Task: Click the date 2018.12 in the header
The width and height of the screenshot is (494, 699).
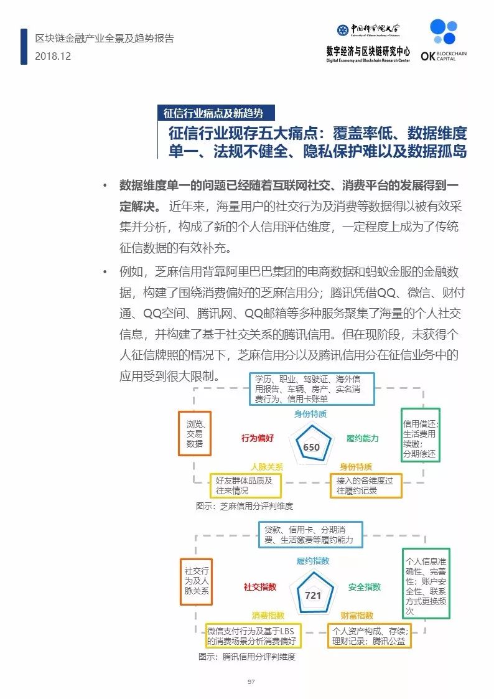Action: [x=53, y=56]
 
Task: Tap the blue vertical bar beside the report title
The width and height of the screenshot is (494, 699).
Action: [x=24, y=47]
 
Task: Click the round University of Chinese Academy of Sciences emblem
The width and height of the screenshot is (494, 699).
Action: [x=343, y=30]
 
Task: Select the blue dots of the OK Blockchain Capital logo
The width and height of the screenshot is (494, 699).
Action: [x=444, y=31]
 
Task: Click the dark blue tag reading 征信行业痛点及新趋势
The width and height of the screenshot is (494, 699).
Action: [x=216, y=113]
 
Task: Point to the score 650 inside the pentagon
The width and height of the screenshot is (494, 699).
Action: [x=311, y=447]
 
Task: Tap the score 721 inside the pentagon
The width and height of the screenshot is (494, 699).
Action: [x=313, y=595]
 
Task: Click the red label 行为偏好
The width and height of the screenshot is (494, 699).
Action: [x=258, y=438]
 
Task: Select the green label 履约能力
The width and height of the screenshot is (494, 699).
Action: [x=363, y=438]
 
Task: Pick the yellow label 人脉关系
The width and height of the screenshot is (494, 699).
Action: [x=267, y=467]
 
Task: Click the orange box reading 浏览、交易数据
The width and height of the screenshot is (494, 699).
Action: [x=195, y=433]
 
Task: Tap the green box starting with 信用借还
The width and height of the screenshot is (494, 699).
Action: [x=421, y=434]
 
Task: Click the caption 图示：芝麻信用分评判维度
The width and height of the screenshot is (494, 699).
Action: [x=245, y=506]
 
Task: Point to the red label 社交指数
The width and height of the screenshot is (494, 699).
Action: [x=259, y=587]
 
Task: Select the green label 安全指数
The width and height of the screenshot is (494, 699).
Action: [x=365, y=587]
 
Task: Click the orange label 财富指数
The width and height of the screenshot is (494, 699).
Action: [x=357, y=616]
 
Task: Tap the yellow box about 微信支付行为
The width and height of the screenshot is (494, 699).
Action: [x=253, y=636]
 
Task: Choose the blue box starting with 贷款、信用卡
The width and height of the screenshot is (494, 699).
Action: [x=310, y=535]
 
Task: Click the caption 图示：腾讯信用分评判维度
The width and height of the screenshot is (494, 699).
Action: [x=247, y=657]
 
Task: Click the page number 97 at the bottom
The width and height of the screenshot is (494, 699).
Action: [x=251, y=682]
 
